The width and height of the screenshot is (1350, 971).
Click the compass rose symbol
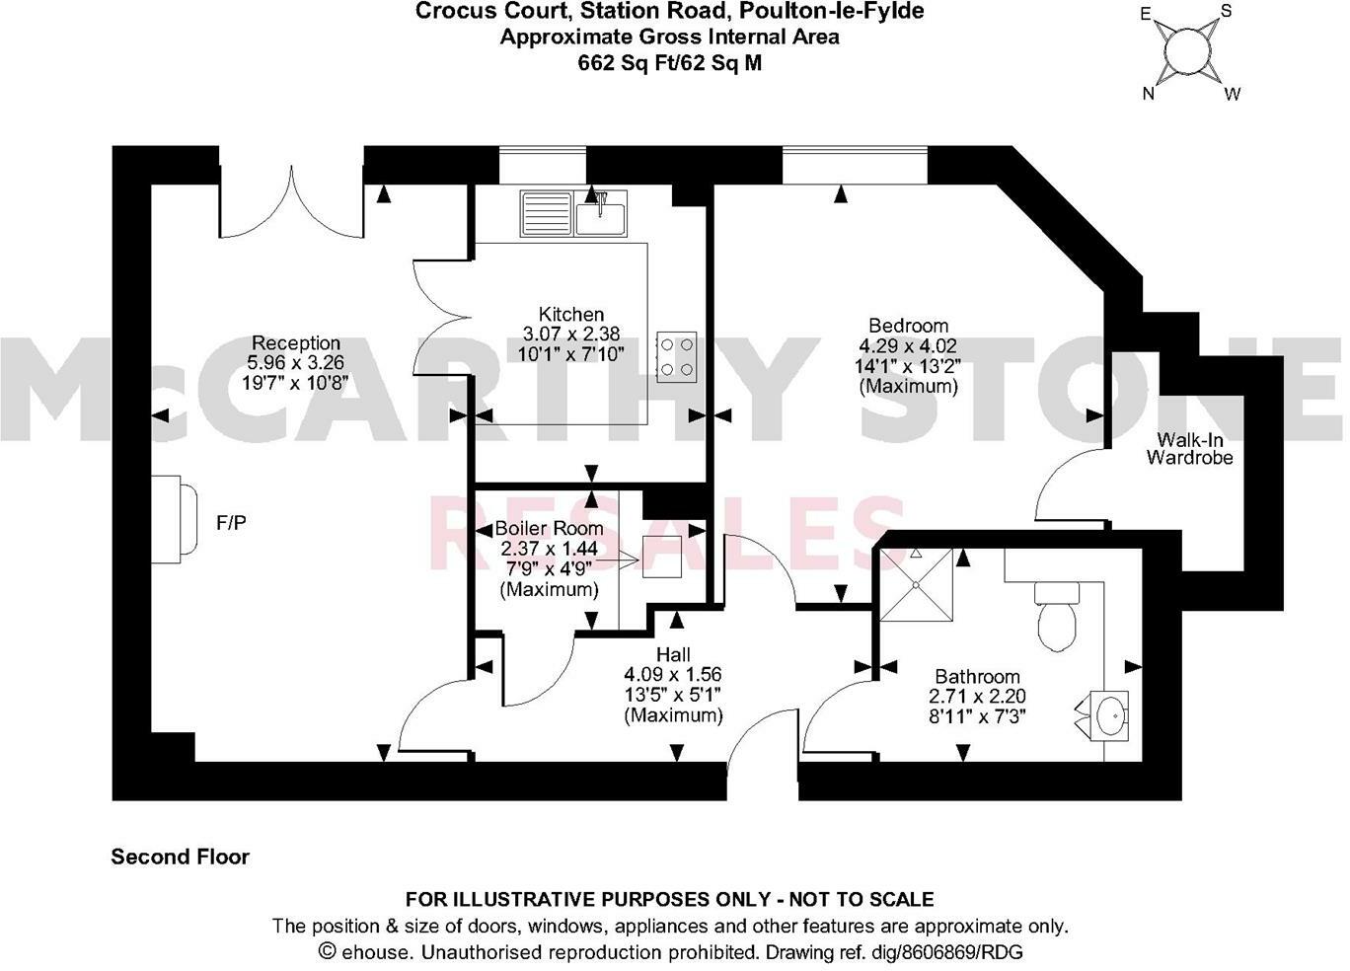[1189, 52]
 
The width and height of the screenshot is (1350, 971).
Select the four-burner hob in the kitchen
[677, 356]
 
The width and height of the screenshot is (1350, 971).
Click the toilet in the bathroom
[1057, 617]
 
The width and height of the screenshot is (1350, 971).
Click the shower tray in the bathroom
[917, 585]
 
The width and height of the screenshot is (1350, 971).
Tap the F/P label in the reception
[231, 522]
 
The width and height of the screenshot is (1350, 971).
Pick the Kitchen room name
[570, 315]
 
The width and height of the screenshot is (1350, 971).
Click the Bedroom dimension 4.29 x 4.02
[908, 346]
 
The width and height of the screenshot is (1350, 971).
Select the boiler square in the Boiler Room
[662, 557]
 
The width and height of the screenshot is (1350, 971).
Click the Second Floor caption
[181, 857]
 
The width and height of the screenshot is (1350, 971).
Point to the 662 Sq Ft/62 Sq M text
[669, 63]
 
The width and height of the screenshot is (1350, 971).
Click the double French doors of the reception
[292, 206]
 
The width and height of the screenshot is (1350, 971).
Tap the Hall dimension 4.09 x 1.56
[672, 675]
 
